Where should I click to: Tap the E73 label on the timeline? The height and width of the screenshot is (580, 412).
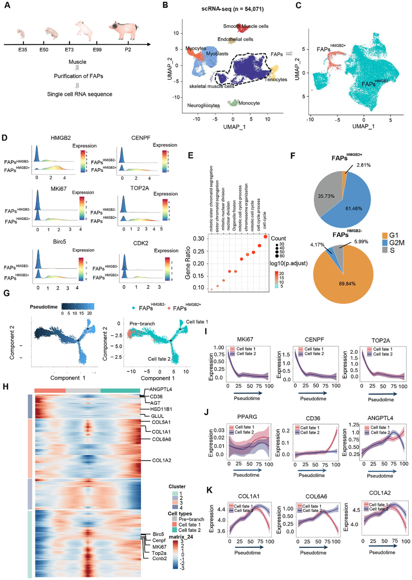pos(69,50)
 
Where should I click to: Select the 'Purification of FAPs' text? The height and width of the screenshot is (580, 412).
pos(78,76)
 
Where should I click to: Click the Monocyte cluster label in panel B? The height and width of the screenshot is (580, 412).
pos(249,103)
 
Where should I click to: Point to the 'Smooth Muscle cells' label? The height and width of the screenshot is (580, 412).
pos(246,26)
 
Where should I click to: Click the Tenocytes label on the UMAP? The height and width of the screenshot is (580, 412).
pos(276,79)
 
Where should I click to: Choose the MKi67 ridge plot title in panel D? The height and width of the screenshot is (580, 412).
pos(59,189)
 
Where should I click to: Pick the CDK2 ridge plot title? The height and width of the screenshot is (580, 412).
pos(141,243)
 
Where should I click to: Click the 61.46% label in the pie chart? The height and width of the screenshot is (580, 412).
pos(354,208)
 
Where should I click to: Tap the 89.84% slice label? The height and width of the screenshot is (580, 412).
pos(347,284)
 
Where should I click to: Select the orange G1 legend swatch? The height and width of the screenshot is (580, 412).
pos(385,236)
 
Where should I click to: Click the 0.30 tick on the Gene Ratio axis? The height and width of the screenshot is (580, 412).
pos(198,239)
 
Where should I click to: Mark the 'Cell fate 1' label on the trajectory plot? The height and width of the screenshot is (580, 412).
pos(197,322)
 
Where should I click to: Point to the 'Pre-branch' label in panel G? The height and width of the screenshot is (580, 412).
pos(142,324)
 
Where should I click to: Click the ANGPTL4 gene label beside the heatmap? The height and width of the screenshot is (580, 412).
pos(161,389)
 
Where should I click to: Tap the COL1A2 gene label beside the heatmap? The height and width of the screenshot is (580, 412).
pos(161,460)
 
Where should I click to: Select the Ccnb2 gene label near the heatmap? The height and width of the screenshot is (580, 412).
pos(159,559)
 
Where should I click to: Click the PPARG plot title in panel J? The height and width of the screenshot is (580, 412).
pos(247,417)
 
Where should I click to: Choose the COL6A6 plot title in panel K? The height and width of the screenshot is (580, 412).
pos(316,496)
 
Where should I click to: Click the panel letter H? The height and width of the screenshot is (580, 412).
pos(6,387)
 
